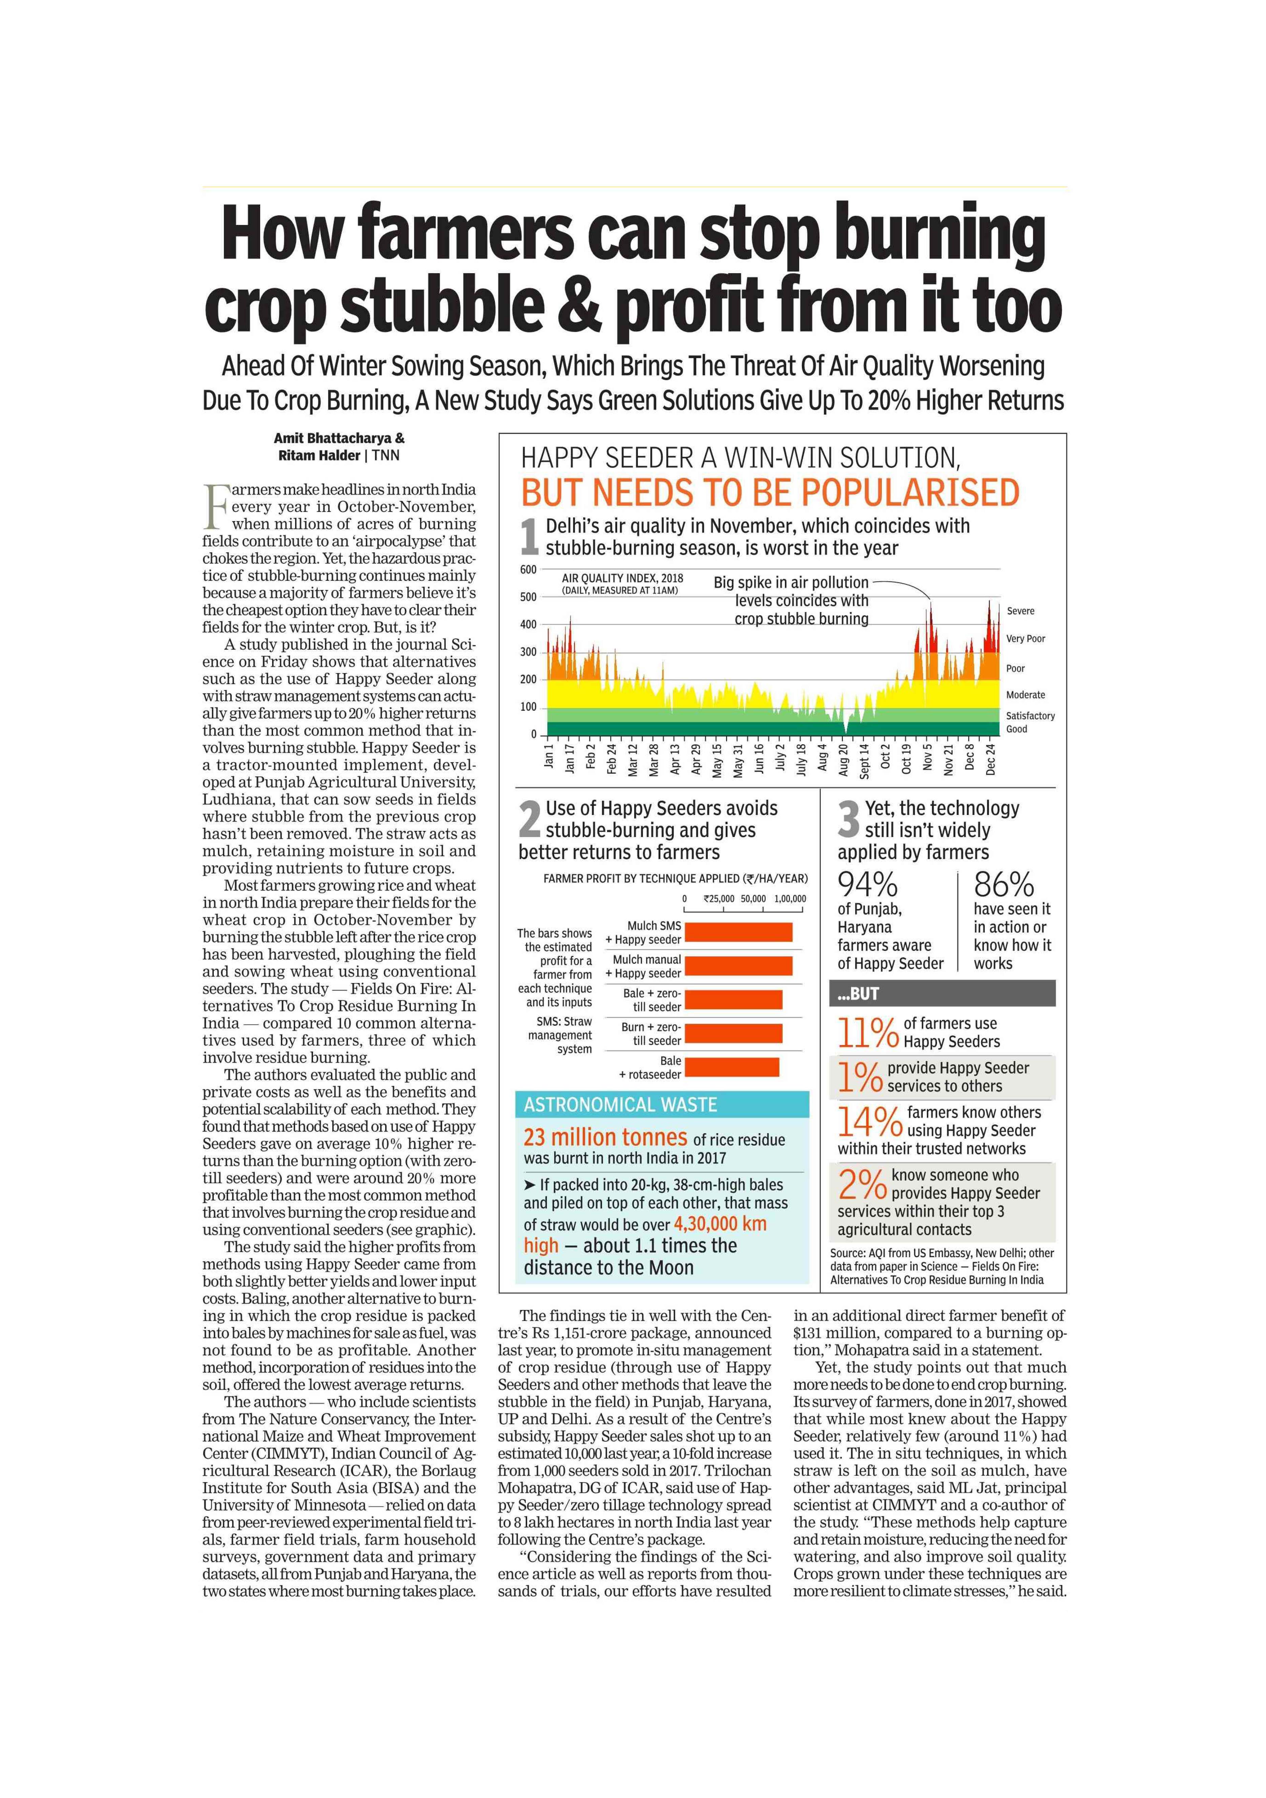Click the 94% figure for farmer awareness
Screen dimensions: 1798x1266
868,886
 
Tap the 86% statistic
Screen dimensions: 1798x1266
1004,886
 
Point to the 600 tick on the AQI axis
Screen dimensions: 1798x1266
528,569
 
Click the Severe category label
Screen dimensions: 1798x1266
1020,611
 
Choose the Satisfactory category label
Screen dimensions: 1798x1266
1030,716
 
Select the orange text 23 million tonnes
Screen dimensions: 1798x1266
605,1137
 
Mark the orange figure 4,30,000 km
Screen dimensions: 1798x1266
720,1224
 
